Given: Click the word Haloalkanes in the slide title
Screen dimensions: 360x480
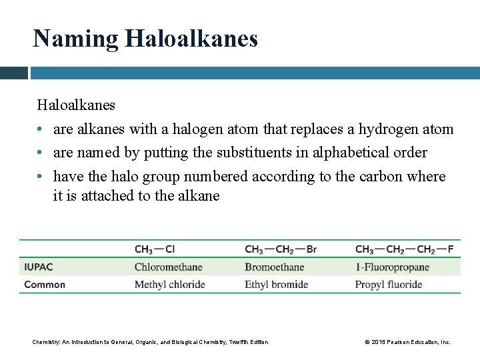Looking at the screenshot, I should (188, 39).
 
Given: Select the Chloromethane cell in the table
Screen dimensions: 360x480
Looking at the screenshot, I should (168, 267).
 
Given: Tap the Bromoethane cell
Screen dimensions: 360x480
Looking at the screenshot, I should (274, 267).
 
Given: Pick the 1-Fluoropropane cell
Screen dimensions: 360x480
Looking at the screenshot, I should (392, 267).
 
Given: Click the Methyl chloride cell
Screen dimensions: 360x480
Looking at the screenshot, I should (169, 285).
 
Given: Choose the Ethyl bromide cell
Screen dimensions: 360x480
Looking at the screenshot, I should (276, 285).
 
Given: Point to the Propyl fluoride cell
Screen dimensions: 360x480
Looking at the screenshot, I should (389, 285).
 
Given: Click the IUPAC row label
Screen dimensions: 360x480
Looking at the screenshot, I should (39, 267).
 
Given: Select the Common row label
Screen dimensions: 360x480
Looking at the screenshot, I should (45, 285).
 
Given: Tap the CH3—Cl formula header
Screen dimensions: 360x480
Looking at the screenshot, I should (155, 250).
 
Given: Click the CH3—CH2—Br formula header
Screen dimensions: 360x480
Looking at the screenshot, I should (281, 250).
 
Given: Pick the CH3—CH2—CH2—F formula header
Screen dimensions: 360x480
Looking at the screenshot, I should (405, 250).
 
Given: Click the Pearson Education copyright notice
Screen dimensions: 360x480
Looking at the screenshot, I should (407, 342).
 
